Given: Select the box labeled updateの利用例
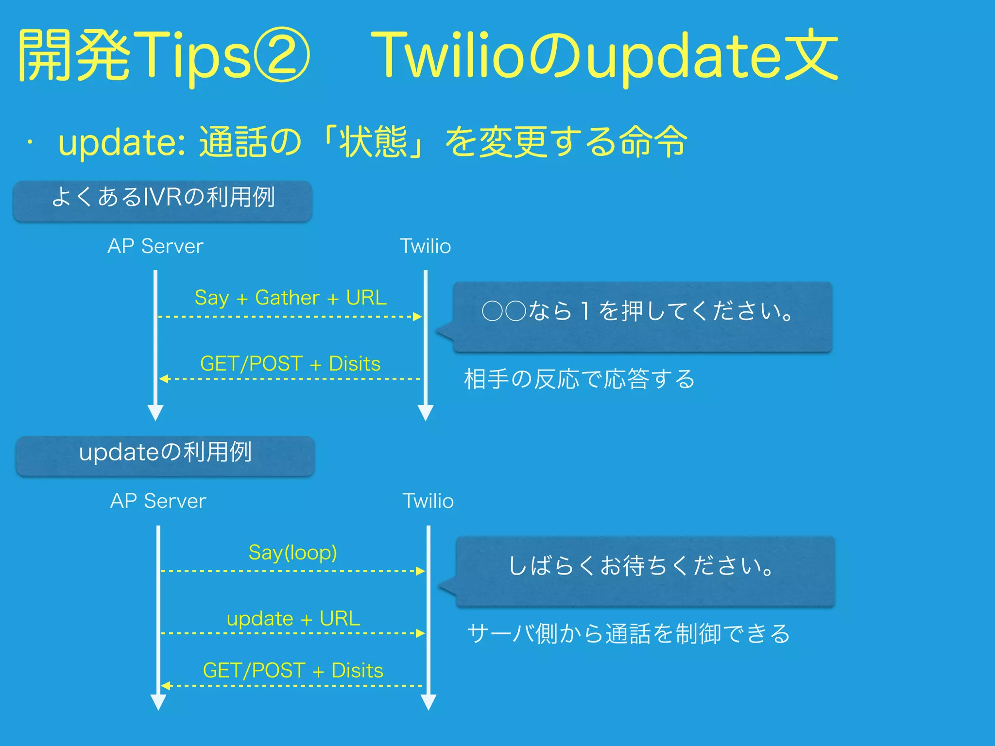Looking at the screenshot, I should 165,456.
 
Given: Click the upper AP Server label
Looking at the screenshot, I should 155,246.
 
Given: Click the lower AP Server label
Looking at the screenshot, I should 158,501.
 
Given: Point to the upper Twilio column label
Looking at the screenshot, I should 425,246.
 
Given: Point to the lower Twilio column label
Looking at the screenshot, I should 428,501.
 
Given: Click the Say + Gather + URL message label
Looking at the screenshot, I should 291,298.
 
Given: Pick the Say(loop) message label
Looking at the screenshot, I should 292,553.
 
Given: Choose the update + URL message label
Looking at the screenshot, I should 293,619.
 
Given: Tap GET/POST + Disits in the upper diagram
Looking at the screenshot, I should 290,364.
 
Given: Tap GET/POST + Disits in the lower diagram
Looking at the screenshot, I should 293,671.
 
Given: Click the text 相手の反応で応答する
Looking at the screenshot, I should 580,379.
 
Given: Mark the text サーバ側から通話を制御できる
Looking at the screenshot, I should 629,634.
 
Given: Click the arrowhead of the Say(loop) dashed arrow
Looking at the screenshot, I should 420,571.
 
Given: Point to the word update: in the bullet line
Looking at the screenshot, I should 121,142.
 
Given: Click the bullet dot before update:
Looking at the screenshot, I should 30,142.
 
